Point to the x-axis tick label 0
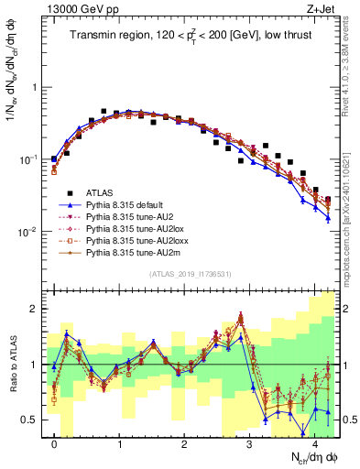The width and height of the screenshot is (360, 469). pos(55,444)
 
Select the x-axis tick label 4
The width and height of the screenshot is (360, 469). pos(314,444)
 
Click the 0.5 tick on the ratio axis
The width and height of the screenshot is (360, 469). pos(33,420)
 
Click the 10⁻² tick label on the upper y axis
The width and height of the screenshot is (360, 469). pos(29,232)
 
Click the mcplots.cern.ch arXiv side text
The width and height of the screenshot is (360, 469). pos(354,206)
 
